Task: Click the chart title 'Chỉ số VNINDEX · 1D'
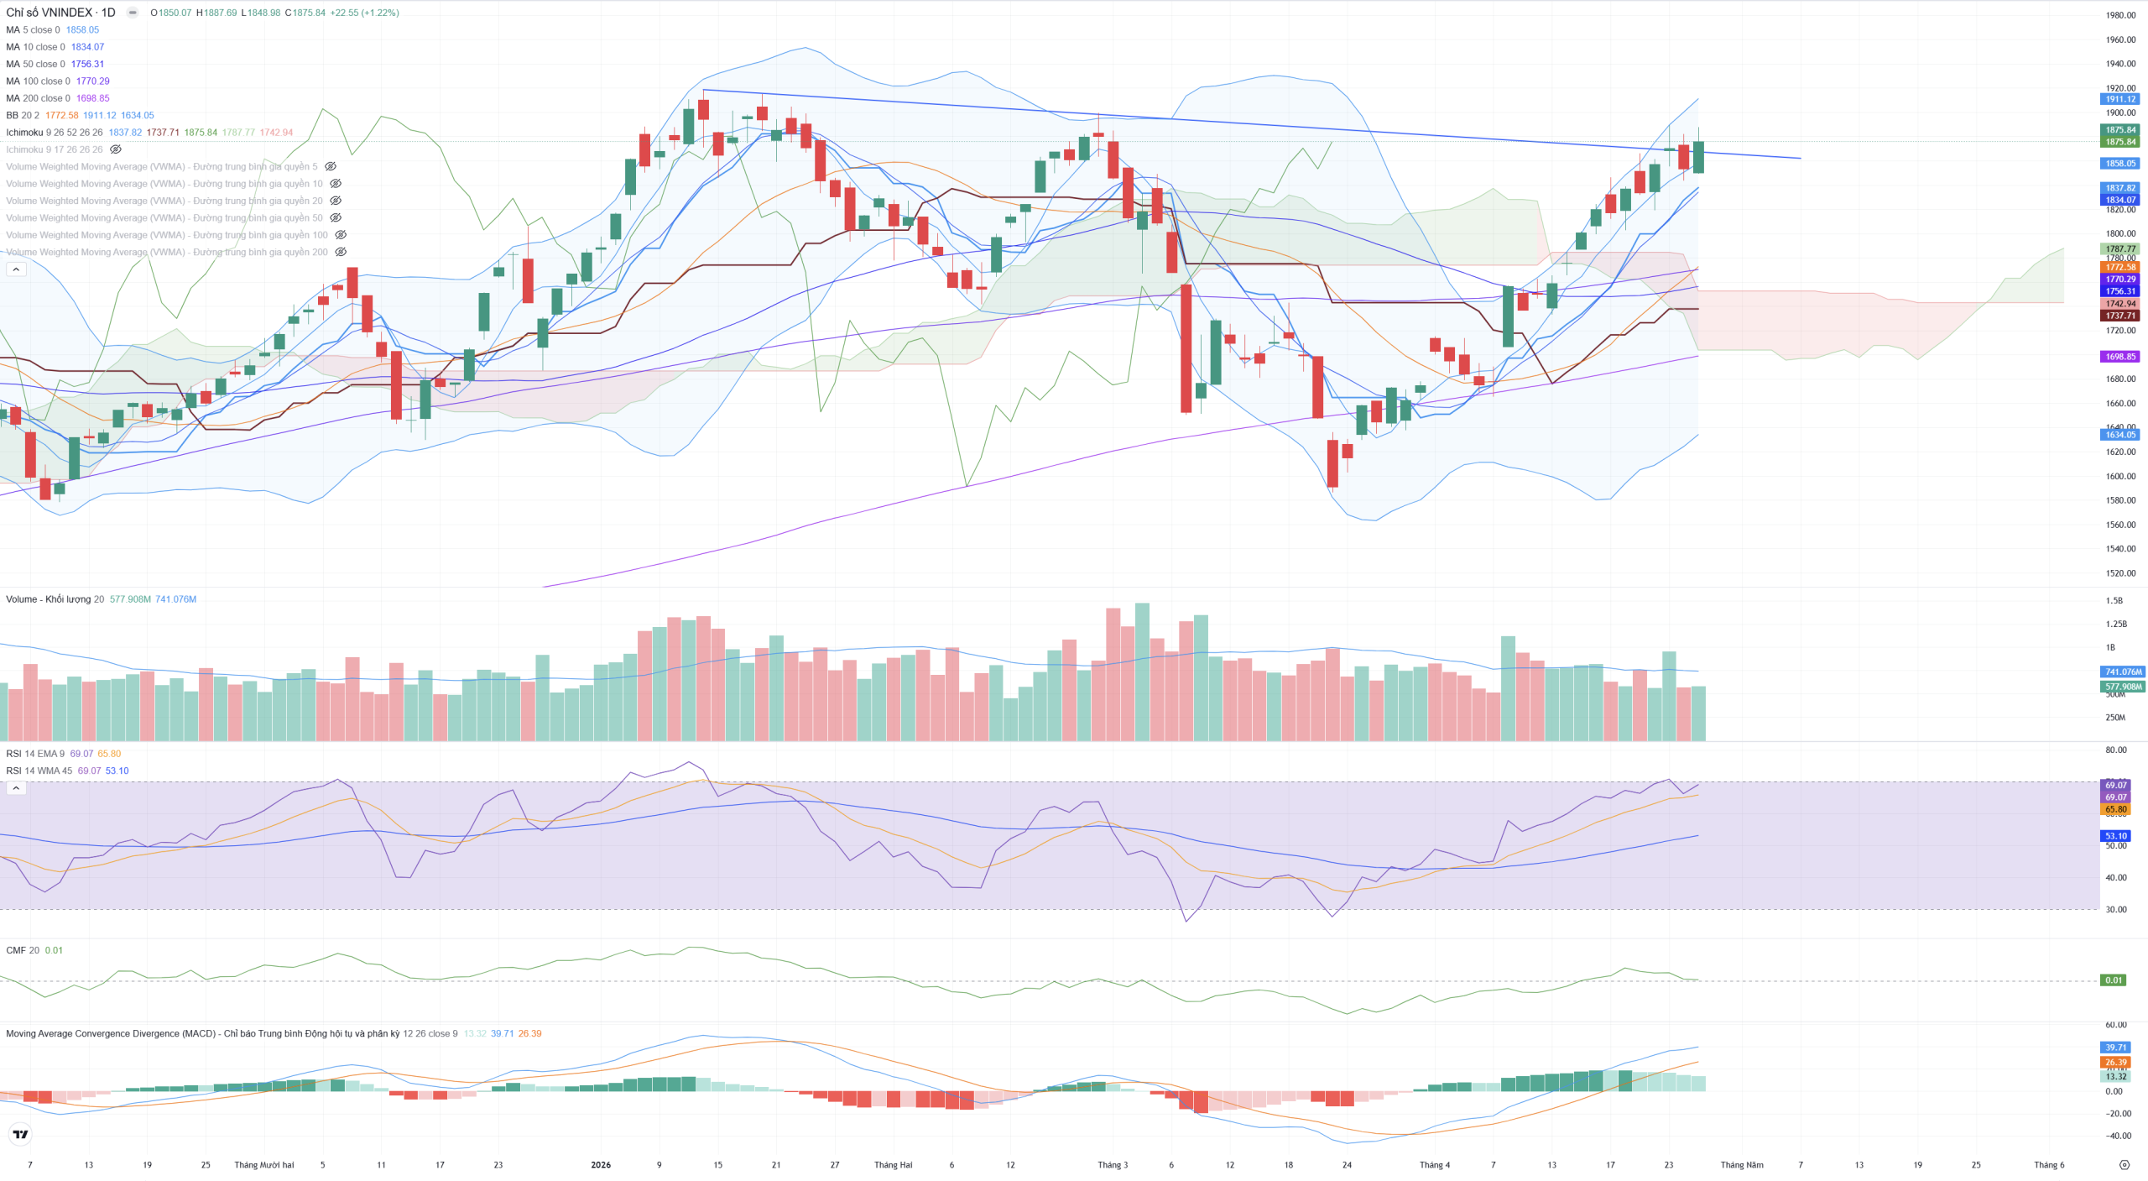(60, 13)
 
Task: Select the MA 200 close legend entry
(39, 98)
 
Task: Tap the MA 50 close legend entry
(35, 64)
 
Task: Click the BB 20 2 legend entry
(22, 115)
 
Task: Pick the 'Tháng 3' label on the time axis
(1113, 1165)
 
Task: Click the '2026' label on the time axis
(601, 1165)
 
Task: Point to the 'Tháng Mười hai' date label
(264, 1165)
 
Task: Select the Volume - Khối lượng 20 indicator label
(55, 599)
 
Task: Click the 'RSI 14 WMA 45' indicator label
(39, 771)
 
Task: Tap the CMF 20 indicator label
(23, 950)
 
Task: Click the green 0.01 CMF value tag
(2113, 980)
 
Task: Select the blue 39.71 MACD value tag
(2115, 1048)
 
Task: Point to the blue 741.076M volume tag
(2123, 671)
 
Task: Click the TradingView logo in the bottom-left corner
(20, 1135)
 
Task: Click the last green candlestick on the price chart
(1698, 157)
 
